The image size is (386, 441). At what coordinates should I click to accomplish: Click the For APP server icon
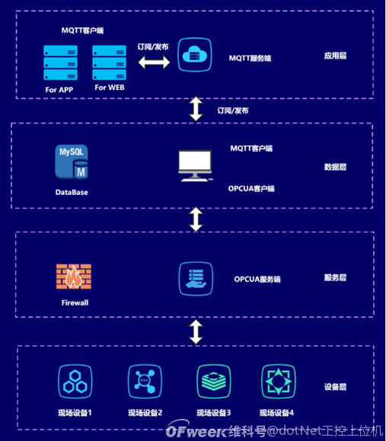tap(60, 63)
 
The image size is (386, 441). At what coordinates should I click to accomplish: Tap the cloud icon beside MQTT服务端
tap(194, 56)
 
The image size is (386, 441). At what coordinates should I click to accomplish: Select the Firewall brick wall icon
tap(74, 278)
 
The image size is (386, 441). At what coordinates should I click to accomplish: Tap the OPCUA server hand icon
tap(195, 278)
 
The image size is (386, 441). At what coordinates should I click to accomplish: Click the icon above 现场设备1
tap(75, 381)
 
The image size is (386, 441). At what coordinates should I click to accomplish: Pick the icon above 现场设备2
tap(145, 381)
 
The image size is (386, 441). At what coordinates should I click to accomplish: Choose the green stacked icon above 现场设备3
tap(213, 381)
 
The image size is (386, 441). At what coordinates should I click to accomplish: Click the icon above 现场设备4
tap(278, 381)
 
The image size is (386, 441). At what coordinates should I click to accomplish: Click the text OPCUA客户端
tap(251, 188)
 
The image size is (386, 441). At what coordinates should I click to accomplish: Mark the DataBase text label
tap(72, 192)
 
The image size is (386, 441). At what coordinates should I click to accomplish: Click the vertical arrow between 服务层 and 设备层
tap(196, 332)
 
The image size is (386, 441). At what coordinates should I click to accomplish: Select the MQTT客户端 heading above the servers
tap(82, 30)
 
